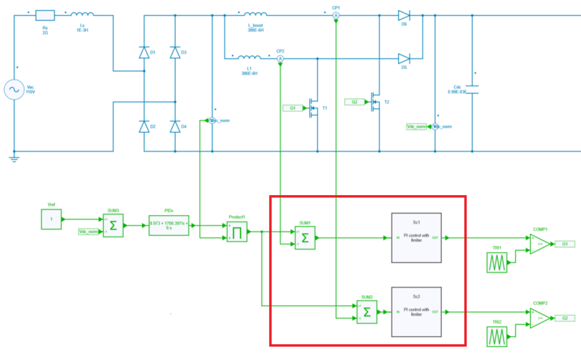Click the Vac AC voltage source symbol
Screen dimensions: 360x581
pyautogui.click(x=14, y=89)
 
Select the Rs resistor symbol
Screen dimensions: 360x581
pyautogui.click(x=44, y=14)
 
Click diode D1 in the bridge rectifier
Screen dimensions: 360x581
pyautogui.click(x=144, y=52)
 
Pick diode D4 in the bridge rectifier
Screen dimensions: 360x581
pyautogui.click(x=175, y=127)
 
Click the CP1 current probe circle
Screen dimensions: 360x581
pyautogui.click(x=336, y=14)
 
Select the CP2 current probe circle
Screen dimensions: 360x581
pyautogui.click(x=280, y=58)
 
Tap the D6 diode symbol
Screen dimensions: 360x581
pyautogui.click(x=403, y=14)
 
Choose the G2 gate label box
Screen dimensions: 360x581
pyautogui.click(x=354, y=102)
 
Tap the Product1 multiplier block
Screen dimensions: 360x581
pyautogui.click(x=237, y=232)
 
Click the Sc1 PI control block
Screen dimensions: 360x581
pyautogui.click(x=415, y=238)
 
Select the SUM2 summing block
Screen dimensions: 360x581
pyautogui.click(x=367, y=312)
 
